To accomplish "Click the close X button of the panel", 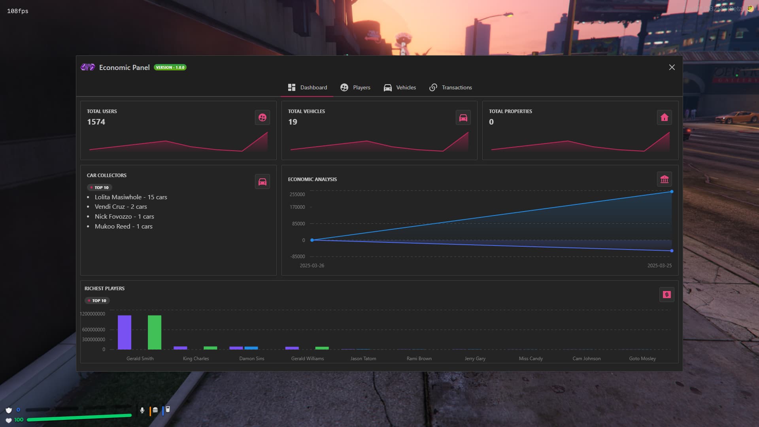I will (672, 67).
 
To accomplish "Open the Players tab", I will (355, 87).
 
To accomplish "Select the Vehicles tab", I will (400, 87).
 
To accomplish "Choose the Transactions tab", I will (451, 87).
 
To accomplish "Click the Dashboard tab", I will (308, 87).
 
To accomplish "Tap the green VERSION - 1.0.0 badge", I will (170, 67).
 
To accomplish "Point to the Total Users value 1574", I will (96, 122).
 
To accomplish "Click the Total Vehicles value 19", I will (293, 122).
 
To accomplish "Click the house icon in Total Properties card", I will (664, 117).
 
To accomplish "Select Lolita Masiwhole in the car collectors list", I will (118, 197).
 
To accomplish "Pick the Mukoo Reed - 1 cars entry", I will (123, 226).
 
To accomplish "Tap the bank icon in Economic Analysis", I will (664, 179).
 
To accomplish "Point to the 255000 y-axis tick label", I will (297, 194).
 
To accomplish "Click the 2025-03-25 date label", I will (659, 265).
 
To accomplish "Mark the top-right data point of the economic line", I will (672, 192).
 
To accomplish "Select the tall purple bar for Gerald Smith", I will (125, 332).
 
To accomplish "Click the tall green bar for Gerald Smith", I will (155, 332).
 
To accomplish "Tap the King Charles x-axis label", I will (196, 359).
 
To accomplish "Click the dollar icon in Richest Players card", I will (666, 295).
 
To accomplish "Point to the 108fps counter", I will (18, 11).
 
